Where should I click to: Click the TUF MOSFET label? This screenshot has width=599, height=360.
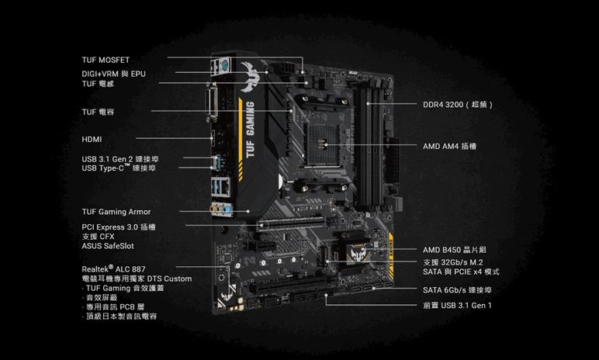pos(106,60)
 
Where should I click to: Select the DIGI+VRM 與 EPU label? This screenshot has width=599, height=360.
pos(113,74)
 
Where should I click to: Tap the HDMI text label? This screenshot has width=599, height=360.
pos(92,140)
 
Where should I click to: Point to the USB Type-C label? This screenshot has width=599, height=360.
pos(119,168)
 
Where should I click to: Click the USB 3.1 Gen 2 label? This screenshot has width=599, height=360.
pos(120,159)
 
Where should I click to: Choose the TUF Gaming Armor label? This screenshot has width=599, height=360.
pos(116,212)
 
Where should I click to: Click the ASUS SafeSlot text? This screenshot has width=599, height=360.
pos(108,246)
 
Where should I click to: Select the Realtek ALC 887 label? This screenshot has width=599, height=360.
pos(113,268)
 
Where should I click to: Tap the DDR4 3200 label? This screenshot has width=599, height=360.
pos(458,104)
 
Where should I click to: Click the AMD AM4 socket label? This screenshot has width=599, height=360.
pos(449,146)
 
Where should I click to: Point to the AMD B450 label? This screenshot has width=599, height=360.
pos(454,250)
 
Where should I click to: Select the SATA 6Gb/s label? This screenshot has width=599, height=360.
pos(457,290)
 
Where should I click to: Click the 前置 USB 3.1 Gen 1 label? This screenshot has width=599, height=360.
pos(457,306)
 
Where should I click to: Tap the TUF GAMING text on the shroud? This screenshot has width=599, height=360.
pos(250,130)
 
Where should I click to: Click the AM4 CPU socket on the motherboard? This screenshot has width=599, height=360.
pos(324,144)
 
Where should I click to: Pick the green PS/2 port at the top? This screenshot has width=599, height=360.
pos(224,65)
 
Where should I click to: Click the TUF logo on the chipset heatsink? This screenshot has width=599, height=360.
pos(358,252)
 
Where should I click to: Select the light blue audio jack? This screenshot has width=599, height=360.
pos(228,210)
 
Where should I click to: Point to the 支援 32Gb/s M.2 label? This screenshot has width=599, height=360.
pos(452,262)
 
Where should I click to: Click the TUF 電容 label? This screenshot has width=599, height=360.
pos(98,112)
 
